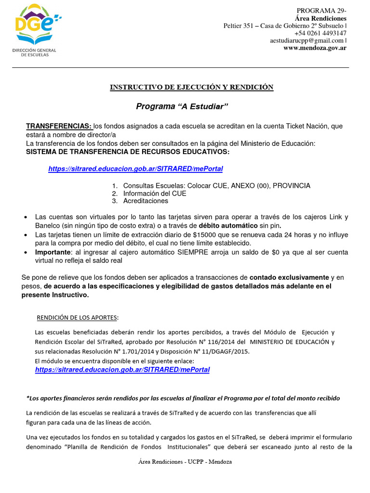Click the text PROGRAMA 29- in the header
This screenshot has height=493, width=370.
pos(321,11)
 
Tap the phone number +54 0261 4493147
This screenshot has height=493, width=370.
pos(320,33)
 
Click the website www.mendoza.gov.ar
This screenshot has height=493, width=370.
pos(315,48)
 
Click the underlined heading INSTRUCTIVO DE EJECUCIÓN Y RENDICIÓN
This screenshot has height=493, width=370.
pos(192,87)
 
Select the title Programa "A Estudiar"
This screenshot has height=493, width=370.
pos(182,106)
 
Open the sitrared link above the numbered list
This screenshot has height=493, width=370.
pos(135,169)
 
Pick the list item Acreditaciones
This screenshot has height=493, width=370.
pos(145,201)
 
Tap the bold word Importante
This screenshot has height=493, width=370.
pos(53,253)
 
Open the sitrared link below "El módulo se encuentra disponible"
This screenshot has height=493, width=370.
pos(122,370)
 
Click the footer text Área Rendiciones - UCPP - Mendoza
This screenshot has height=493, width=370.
pos(185,462)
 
